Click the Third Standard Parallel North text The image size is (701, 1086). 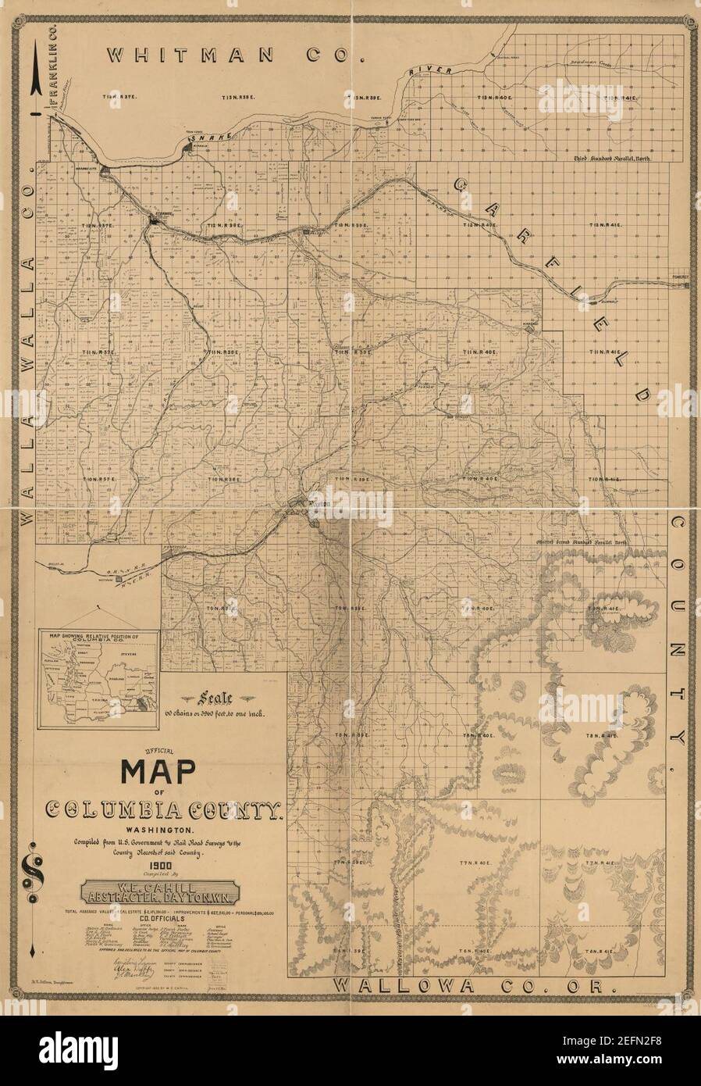[x=611, y=158]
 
